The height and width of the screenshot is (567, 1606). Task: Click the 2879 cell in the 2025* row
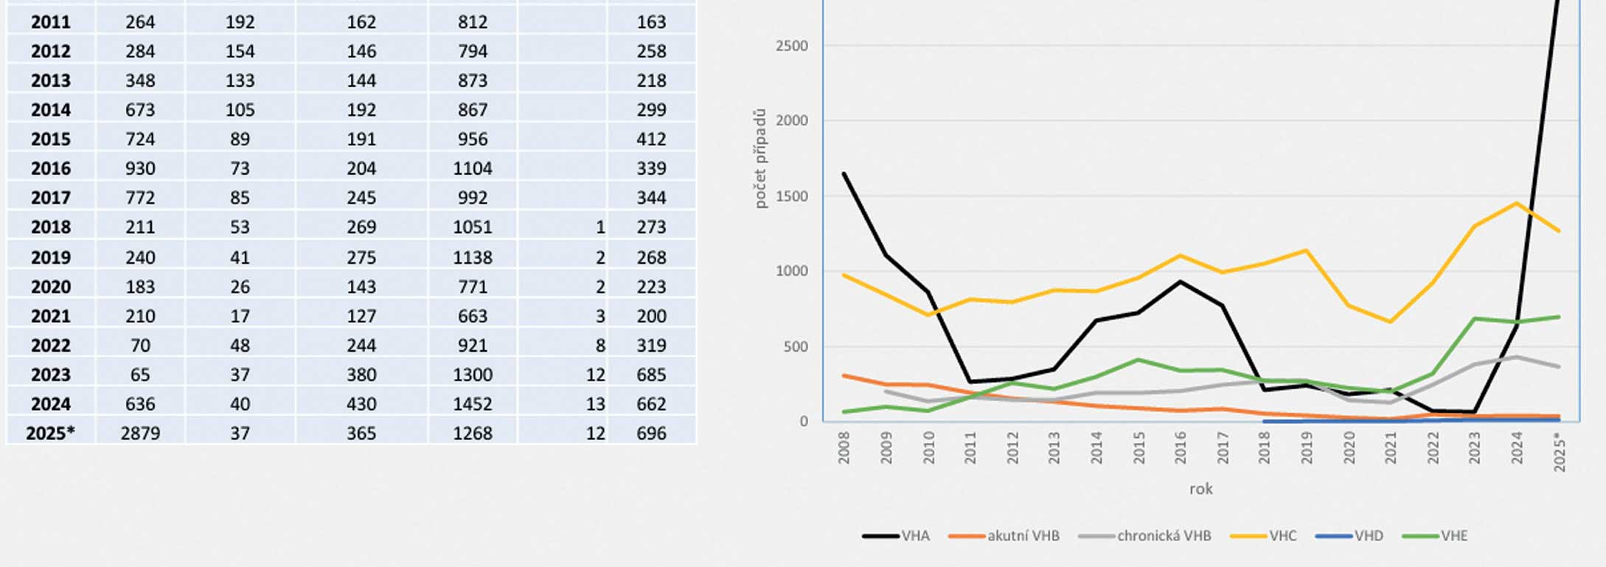click(140, 433)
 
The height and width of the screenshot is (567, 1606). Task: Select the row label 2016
click(50, 168)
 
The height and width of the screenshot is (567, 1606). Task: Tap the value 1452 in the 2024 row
click(472, 404)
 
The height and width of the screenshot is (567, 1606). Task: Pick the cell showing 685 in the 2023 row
click(651, 375)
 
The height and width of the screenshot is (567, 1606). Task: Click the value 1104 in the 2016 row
click(472, 168)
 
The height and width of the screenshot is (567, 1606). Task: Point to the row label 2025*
click(50, 433)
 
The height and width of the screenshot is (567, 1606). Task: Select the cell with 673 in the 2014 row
click(140, 110)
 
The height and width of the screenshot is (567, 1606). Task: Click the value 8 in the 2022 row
click(600, 345)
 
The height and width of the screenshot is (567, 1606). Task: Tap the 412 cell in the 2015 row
click(651, 139)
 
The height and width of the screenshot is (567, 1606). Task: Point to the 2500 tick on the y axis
click(791, 46)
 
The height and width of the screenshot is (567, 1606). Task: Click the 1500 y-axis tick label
click(791, 196)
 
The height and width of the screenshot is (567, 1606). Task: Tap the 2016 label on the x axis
click(1181, 448)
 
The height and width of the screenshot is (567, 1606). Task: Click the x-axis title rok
click(1200, 489)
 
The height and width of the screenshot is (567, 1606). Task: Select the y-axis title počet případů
click(760, 159)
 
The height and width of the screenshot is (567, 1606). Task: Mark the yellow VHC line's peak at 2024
click(1517, 203)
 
